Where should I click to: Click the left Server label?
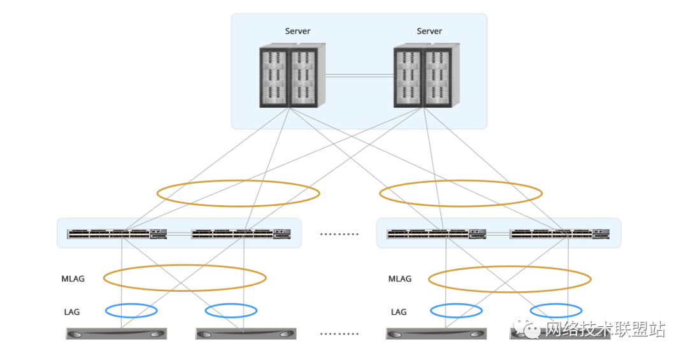coord(297,31)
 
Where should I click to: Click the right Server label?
coord(429,31)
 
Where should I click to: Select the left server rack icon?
coord(292,75)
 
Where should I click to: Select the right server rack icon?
coord(426,75)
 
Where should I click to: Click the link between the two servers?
coord(359,76)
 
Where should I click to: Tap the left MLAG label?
coord(73,279)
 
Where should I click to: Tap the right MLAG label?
coord(399,279)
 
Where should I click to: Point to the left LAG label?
coord(72,312)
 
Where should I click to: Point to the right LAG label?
coord(399,312)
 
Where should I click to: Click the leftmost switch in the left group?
coord(117,234)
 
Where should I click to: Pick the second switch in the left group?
coord(241,234)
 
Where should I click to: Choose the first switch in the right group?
coord(436,234)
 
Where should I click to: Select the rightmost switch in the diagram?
coord(559,234)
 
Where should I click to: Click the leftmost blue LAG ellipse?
coord(131,304)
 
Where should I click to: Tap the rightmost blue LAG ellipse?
coord(556,304)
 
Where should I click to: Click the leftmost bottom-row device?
coord(117,334)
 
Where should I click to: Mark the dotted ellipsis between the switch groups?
coord(339,234)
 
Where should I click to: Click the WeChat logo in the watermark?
coord(527,328)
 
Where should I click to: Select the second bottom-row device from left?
coord(246,334)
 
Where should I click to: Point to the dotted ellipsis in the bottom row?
coord(339,334)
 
